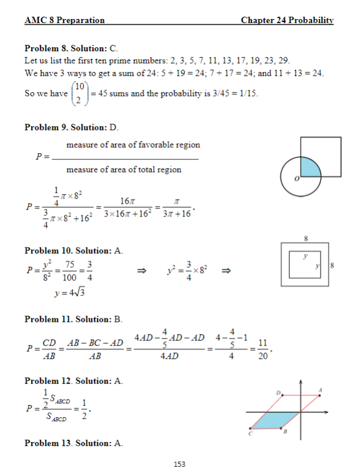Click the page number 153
180,463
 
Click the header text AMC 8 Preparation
65,20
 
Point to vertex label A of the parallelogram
321,390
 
